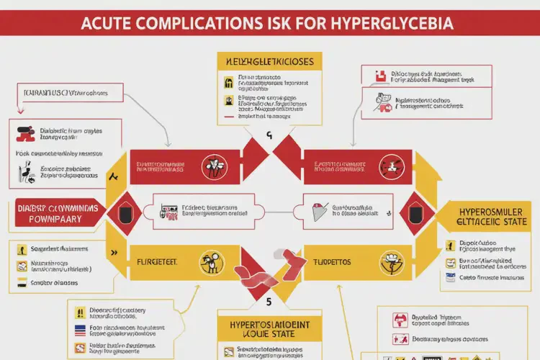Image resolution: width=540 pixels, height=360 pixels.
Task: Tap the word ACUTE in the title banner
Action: [112, 23]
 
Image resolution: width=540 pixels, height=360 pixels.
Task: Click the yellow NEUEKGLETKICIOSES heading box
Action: [267, 62]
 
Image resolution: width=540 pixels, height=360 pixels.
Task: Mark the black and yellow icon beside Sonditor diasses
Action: [22, 283]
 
